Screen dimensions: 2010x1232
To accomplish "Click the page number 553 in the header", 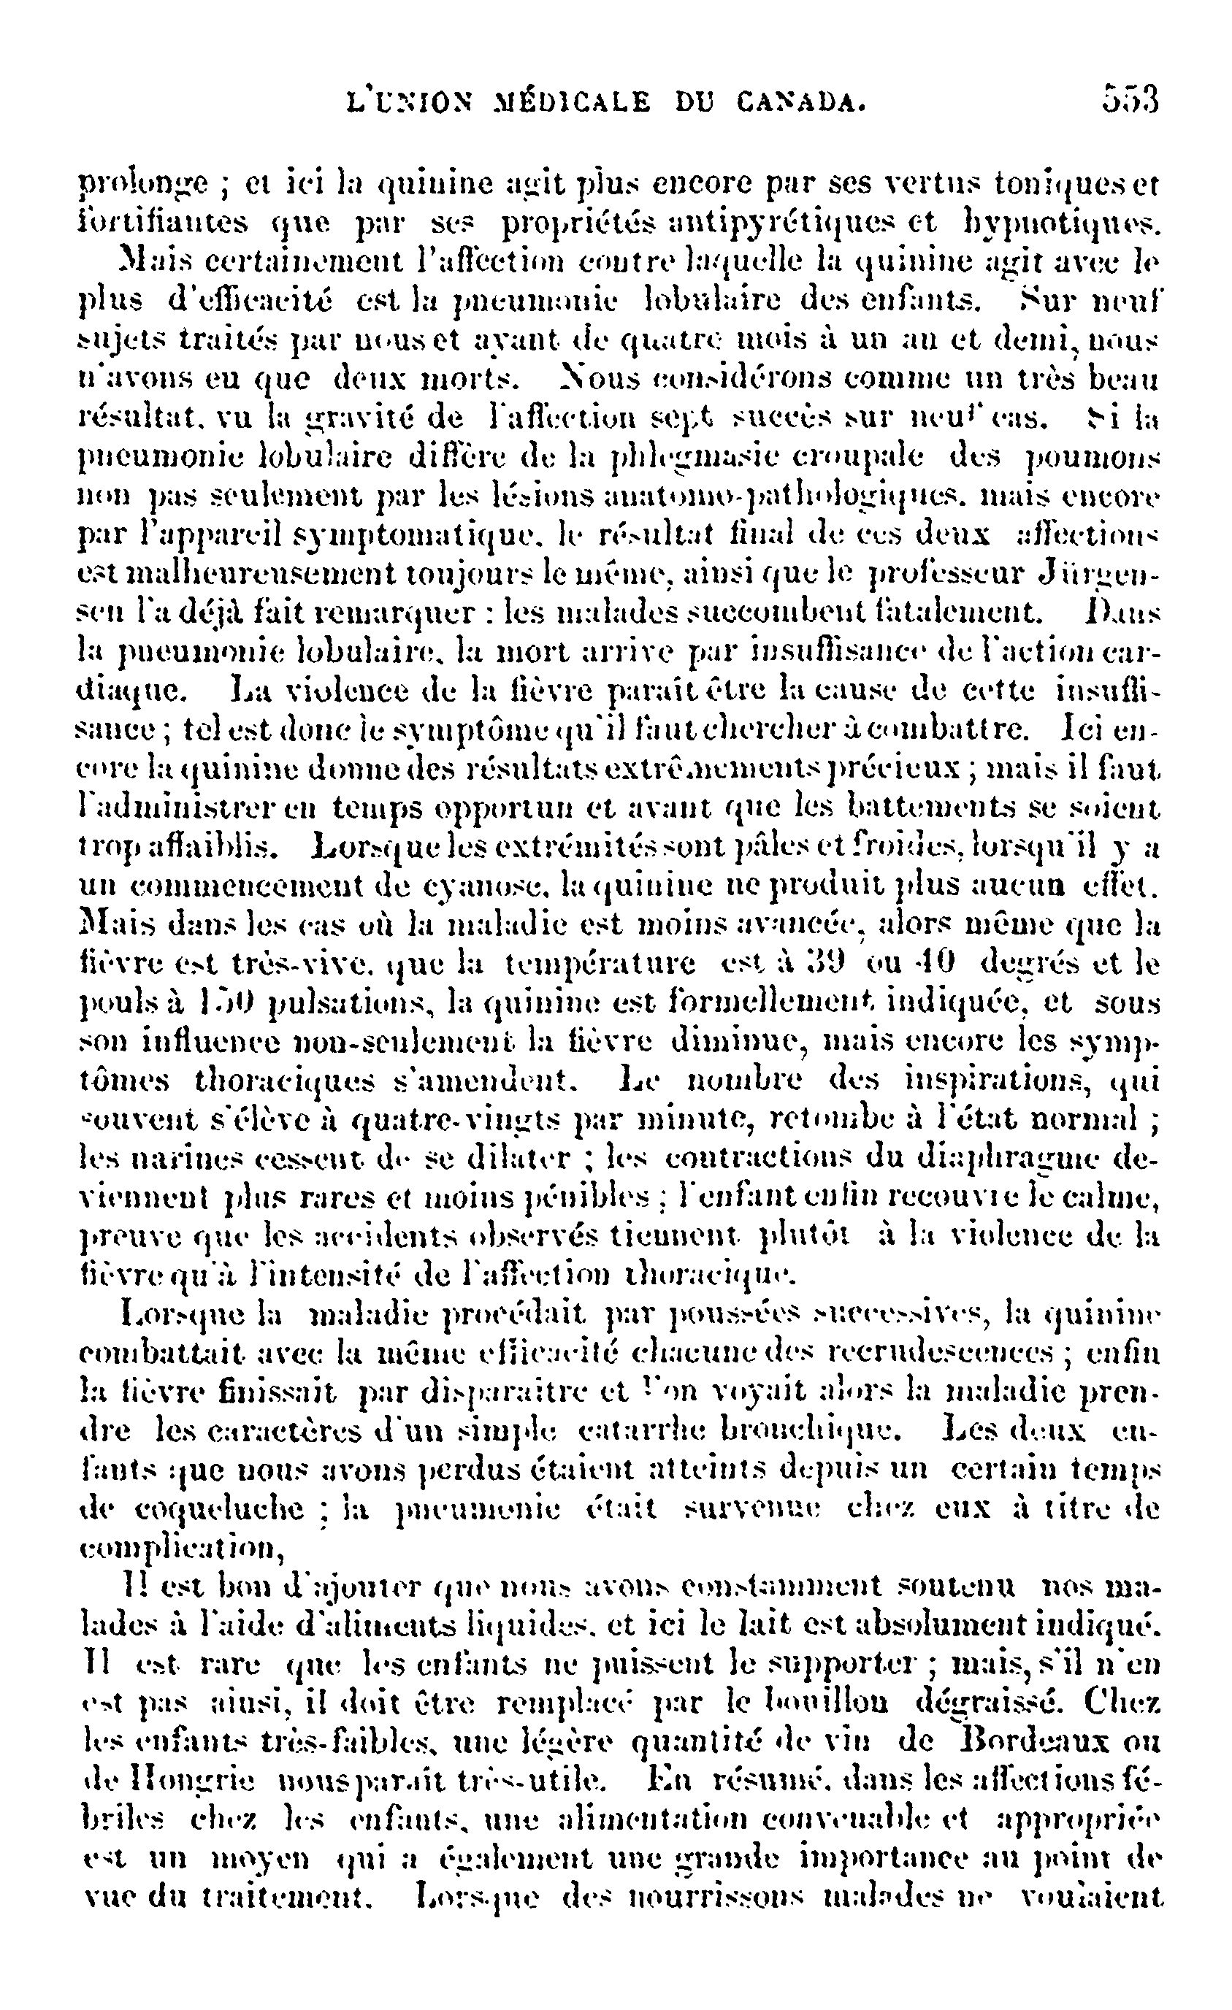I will pos(1130,101).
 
